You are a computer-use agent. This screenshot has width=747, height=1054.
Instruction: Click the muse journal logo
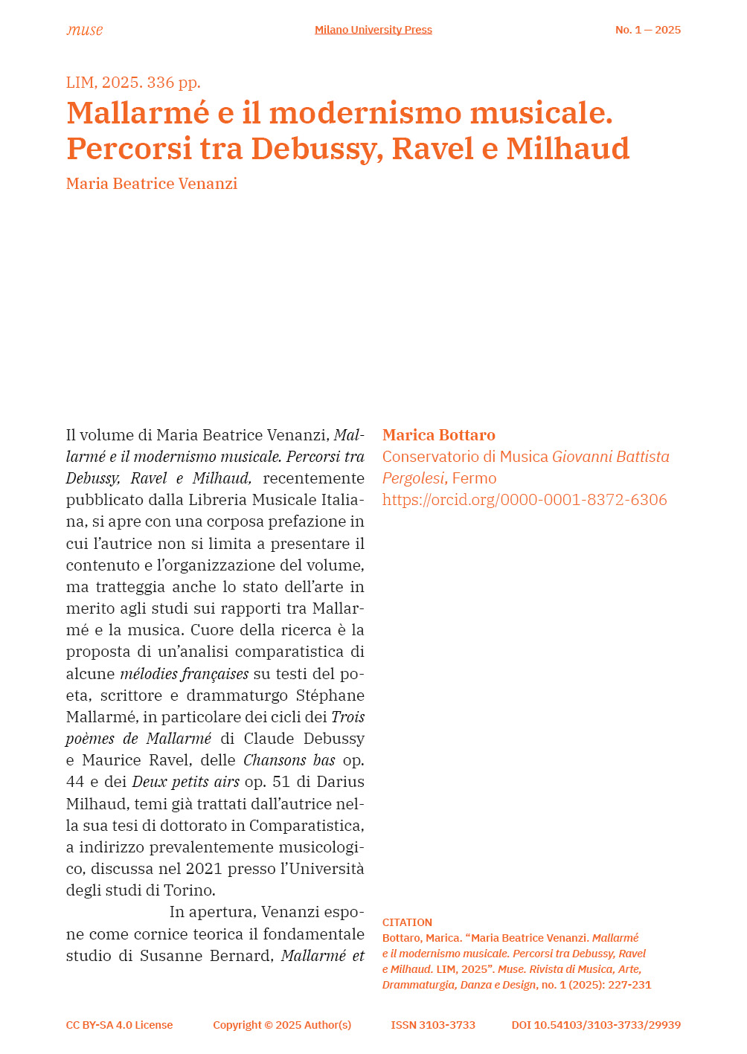pyautogui.click(x=84, y=30)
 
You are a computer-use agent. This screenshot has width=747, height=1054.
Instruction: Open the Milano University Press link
pyautogui.click(x=373, y=30)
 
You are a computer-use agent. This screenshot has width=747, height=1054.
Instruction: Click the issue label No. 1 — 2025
pyautogui.click(x=647, y=30)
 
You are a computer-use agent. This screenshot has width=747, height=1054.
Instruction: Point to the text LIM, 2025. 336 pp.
pyautogui.click(x=133, y=83)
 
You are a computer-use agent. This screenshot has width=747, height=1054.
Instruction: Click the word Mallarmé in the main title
pyautogui.click(x=138, y=113)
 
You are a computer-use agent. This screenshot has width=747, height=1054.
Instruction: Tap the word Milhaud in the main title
pyautogui.click(x=568, y=149)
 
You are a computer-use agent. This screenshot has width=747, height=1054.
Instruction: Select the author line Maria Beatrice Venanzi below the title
pyautogui.click(x=152, y=184)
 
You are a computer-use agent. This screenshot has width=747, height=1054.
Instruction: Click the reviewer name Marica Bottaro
pyautogui.click(x=438, y=435)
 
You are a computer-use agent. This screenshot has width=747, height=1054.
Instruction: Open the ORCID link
pyautogui.click(x=525, y=500)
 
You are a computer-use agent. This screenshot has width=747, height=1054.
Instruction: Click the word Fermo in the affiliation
pyautogui.click(x=475, y=478)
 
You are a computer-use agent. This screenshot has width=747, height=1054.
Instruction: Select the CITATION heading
pyautogui.click(x=407, y=922)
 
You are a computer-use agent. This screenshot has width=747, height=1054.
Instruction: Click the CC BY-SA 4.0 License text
pyautogui.click(x=119, y=1025)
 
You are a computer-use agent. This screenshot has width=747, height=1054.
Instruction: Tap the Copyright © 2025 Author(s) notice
pyautogui.click(x=282, y=1025)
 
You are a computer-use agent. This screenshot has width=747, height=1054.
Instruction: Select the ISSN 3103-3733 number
pyautogui.click(x=433, y=1025)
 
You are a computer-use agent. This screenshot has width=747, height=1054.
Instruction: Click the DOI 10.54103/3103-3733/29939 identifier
pyautogui.click(x=596, y=1025)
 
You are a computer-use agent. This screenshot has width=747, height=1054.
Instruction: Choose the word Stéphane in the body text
pyautogui.click(x=330, y=695)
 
